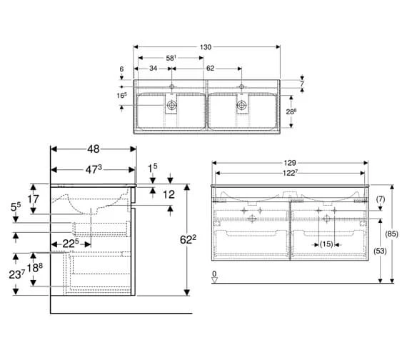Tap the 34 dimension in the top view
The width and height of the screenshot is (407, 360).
point(153,69)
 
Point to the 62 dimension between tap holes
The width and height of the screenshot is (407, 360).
point(211,69)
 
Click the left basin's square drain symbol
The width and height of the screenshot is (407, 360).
point(171,105)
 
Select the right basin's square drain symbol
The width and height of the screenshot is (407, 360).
point(242,105)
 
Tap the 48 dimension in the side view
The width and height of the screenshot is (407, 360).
point(93,150)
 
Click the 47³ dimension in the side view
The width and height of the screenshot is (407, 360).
point(91,170)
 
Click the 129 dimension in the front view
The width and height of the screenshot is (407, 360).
point(290,163)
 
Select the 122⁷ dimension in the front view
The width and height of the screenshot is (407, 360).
point(289,174)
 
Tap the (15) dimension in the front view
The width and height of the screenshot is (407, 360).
point(325,245)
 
